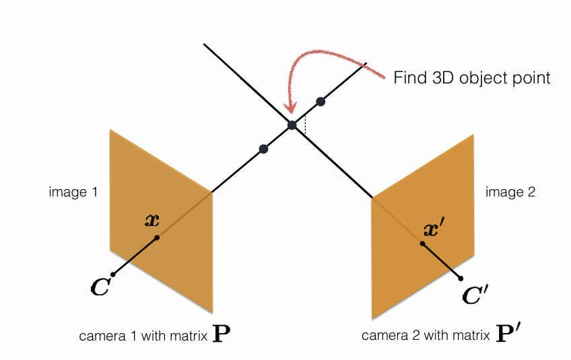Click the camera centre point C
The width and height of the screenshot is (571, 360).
pos(113,275)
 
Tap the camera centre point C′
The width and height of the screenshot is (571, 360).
pos(461,279)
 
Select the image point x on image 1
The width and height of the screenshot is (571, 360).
pos(157,238)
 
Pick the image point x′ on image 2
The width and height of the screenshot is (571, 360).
pos(422,244)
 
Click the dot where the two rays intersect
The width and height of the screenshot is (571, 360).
pos(292,125)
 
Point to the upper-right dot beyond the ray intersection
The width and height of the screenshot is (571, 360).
pos(321,102)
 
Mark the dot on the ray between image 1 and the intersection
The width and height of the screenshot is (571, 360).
pos(263,149)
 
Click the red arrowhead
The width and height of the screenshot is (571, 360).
pos(291,108)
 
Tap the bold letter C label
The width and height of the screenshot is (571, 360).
pos(100,287)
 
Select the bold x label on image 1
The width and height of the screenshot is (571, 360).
pos(152,220)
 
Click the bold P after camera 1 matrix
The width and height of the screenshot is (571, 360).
pos(222,333)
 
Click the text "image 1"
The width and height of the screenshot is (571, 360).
pos(73,192)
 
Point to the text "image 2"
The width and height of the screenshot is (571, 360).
pos(510,192)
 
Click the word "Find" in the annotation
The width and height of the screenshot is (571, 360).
pos(410,77)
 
